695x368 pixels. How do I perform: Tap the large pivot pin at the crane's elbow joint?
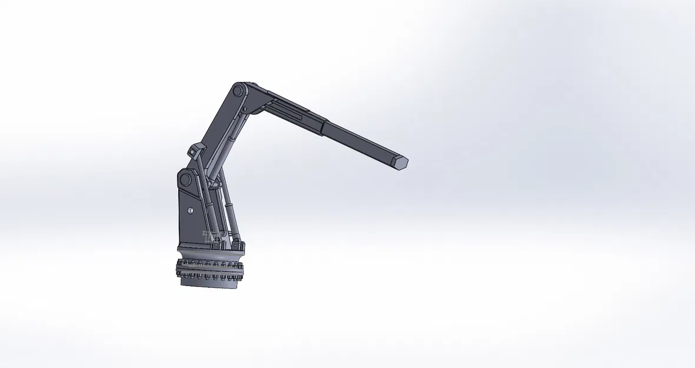coord(238,92)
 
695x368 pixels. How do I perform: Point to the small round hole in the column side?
coord(190,210)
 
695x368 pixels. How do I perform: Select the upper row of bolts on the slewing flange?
coord(211,263)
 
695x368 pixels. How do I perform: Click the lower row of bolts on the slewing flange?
coord(210,274)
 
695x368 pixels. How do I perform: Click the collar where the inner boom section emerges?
coord(324,123)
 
